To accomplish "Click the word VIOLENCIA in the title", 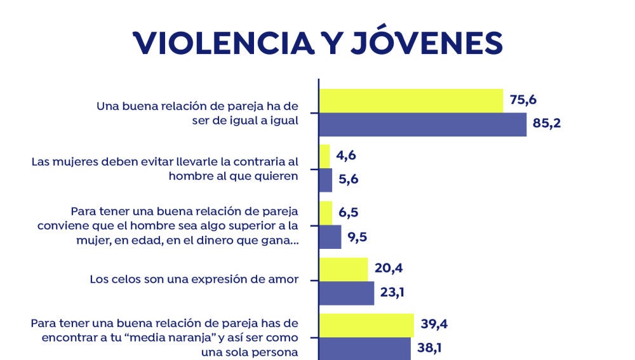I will pyautogui.click(x=213, y=42).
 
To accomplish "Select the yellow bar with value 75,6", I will pyautogui.click(x=410, y=101).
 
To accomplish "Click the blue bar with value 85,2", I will pyautogui.click(x=422, y=124).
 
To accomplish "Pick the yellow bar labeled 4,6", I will pyautogui.click(x=324, y=156).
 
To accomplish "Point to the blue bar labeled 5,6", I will pyautogui.click(x=325, y=180).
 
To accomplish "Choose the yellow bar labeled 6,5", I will pyautogui.click(x=325, y=213).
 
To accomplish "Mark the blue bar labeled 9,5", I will pyautogui.click(x=330, y=237).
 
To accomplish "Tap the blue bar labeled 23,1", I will pyautogui.click(x=346, y=293).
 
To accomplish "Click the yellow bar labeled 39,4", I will pyautogui.click(x=366, y=325).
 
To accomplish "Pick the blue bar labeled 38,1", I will pyautogui.click(x=364, y=348).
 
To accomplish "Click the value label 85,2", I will pyautogui.click(x=547, y=124).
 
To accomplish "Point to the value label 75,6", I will pyautogui.click(x=524, y=100).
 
